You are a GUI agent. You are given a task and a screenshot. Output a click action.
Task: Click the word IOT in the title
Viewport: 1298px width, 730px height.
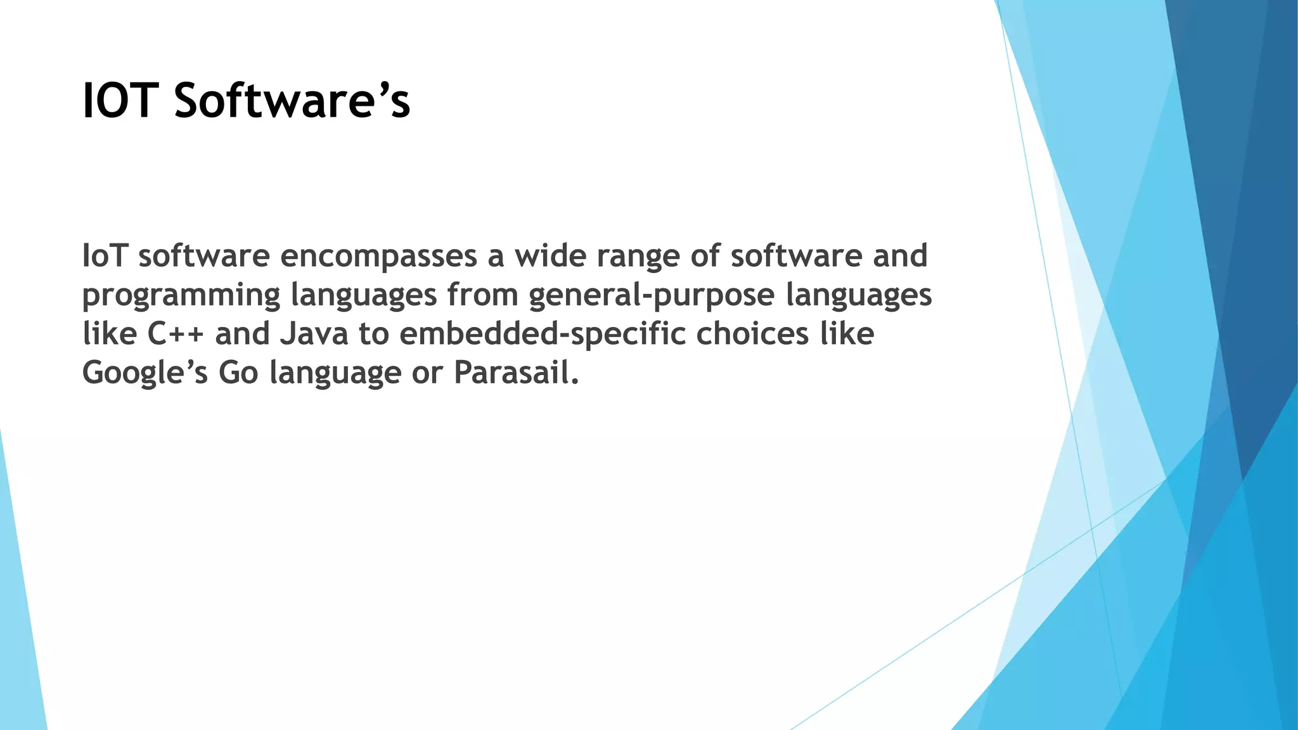[x=120, y=101]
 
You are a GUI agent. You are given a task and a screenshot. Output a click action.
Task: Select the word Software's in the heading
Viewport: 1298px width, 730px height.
[x=292, y=101]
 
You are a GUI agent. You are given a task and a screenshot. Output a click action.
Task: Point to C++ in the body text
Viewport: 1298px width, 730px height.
[x=176, y=334]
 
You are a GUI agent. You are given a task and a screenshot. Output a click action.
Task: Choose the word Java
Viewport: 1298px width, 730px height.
[x=314, y=334]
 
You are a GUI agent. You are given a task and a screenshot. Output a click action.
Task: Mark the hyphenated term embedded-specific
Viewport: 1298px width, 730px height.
[x=542, y=334]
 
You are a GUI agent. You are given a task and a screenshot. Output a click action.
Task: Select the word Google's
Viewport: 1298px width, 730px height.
[x=145, y=373]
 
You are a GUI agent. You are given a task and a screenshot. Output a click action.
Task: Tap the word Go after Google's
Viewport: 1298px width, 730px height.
[x=238, y=373]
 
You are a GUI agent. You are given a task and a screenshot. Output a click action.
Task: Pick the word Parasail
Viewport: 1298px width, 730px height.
[x=516, y=373]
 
